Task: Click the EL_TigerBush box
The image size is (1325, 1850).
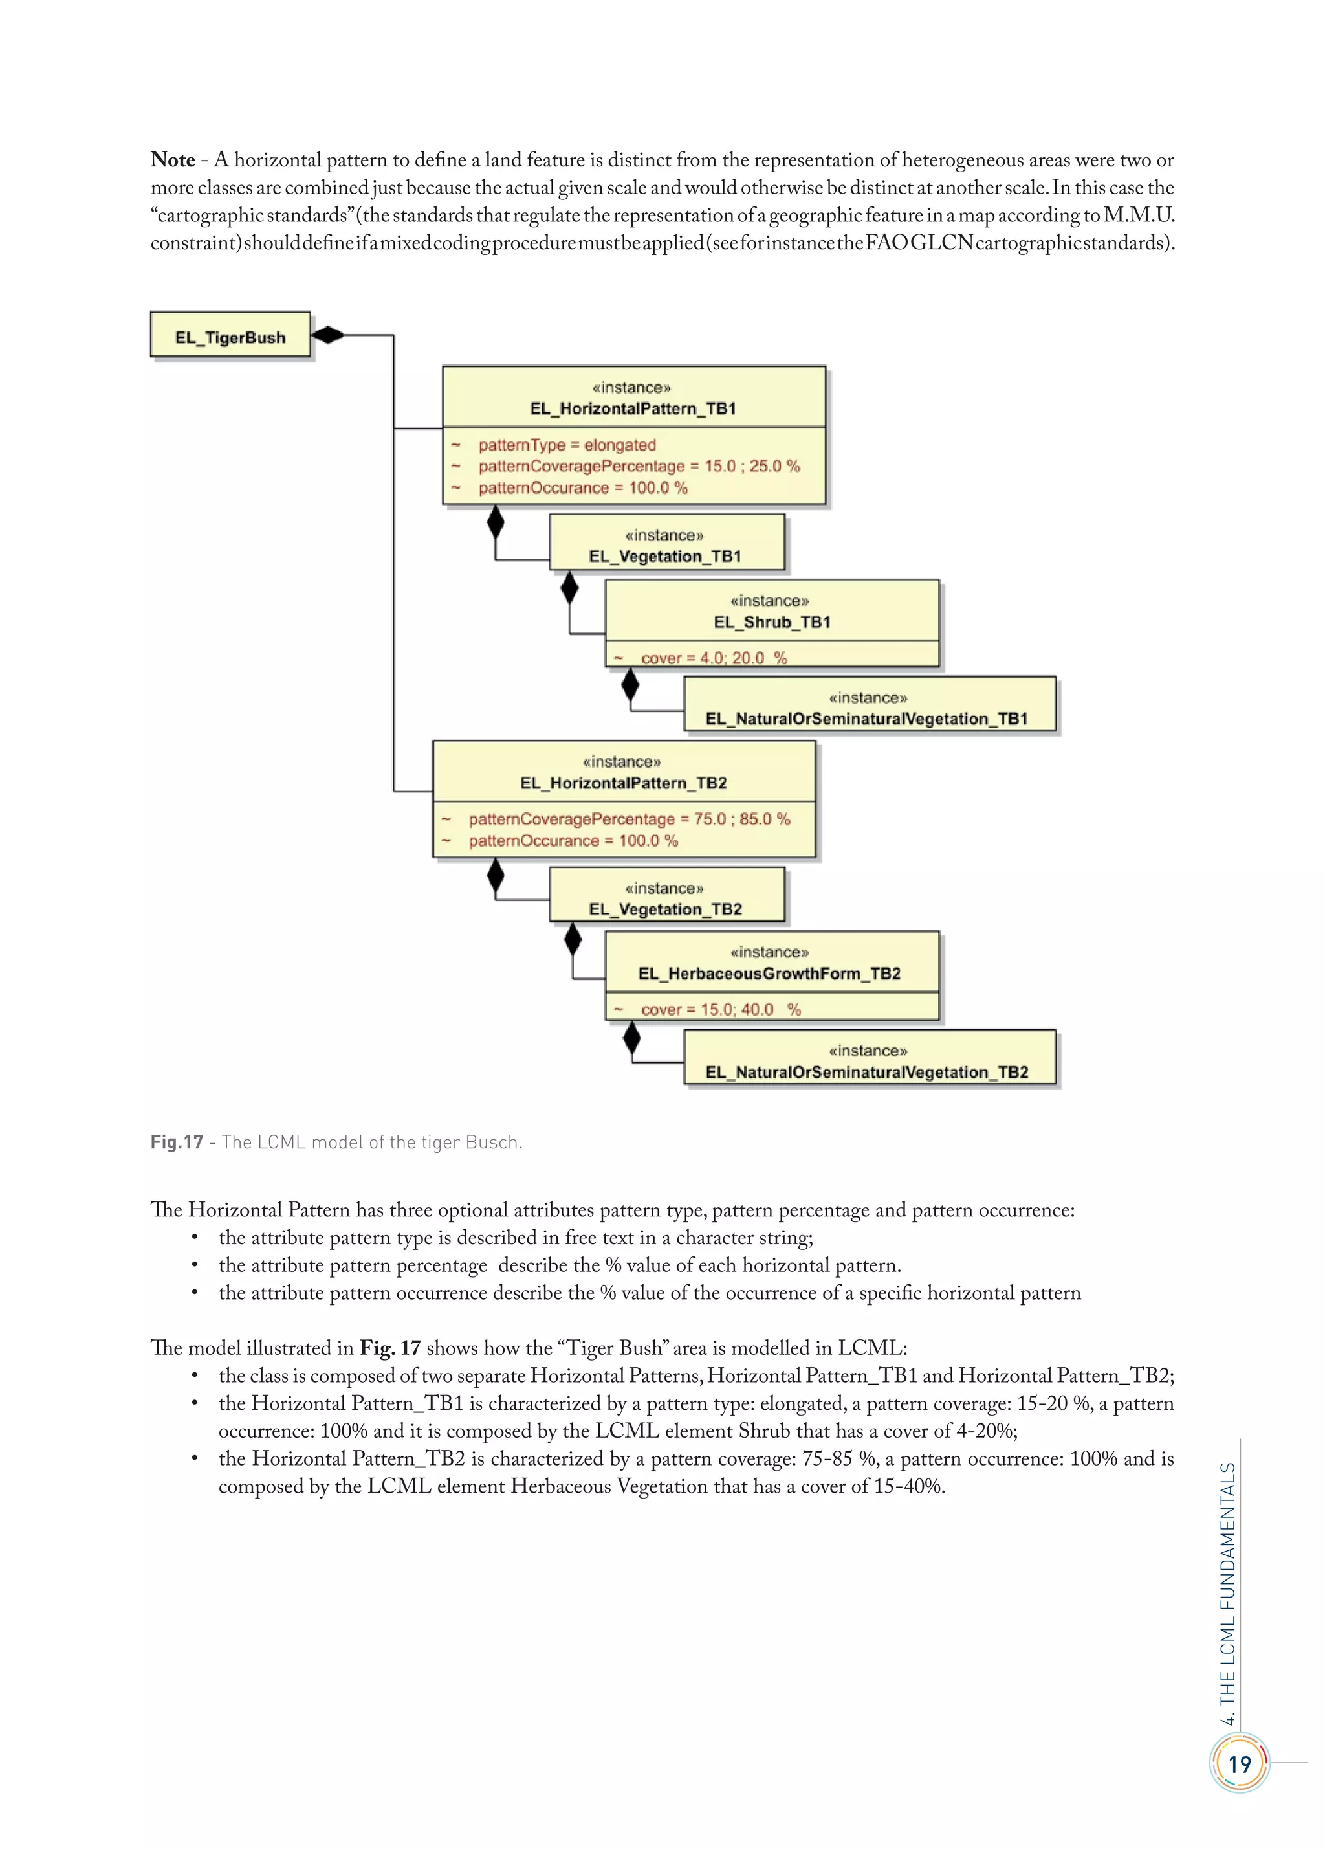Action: tap(230, 335)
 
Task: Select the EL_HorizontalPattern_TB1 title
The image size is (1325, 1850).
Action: tap(633, 408)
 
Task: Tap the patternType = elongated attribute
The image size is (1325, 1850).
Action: tap(567, 445)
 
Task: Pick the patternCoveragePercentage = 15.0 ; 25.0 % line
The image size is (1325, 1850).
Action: tap(639, 466)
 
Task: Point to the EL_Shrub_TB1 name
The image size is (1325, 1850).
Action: tap(771, 621)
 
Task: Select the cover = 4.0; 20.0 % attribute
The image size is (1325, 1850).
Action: tap(714, 658)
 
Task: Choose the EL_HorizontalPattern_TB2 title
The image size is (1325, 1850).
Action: tap(623, 782)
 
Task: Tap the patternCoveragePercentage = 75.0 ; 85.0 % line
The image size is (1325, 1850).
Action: tap(629, 818)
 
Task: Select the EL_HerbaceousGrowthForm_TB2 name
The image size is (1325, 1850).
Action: tap(769, 973)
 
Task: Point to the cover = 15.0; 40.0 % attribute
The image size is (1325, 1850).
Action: tap(720, 1009)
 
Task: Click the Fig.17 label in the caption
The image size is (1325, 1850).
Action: tap(176, 1142)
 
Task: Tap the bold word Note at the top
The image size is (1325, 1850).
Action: tap(173, 160)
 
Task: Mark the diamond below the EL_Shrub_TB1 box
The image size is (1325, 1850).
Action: tap(630, 685)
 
